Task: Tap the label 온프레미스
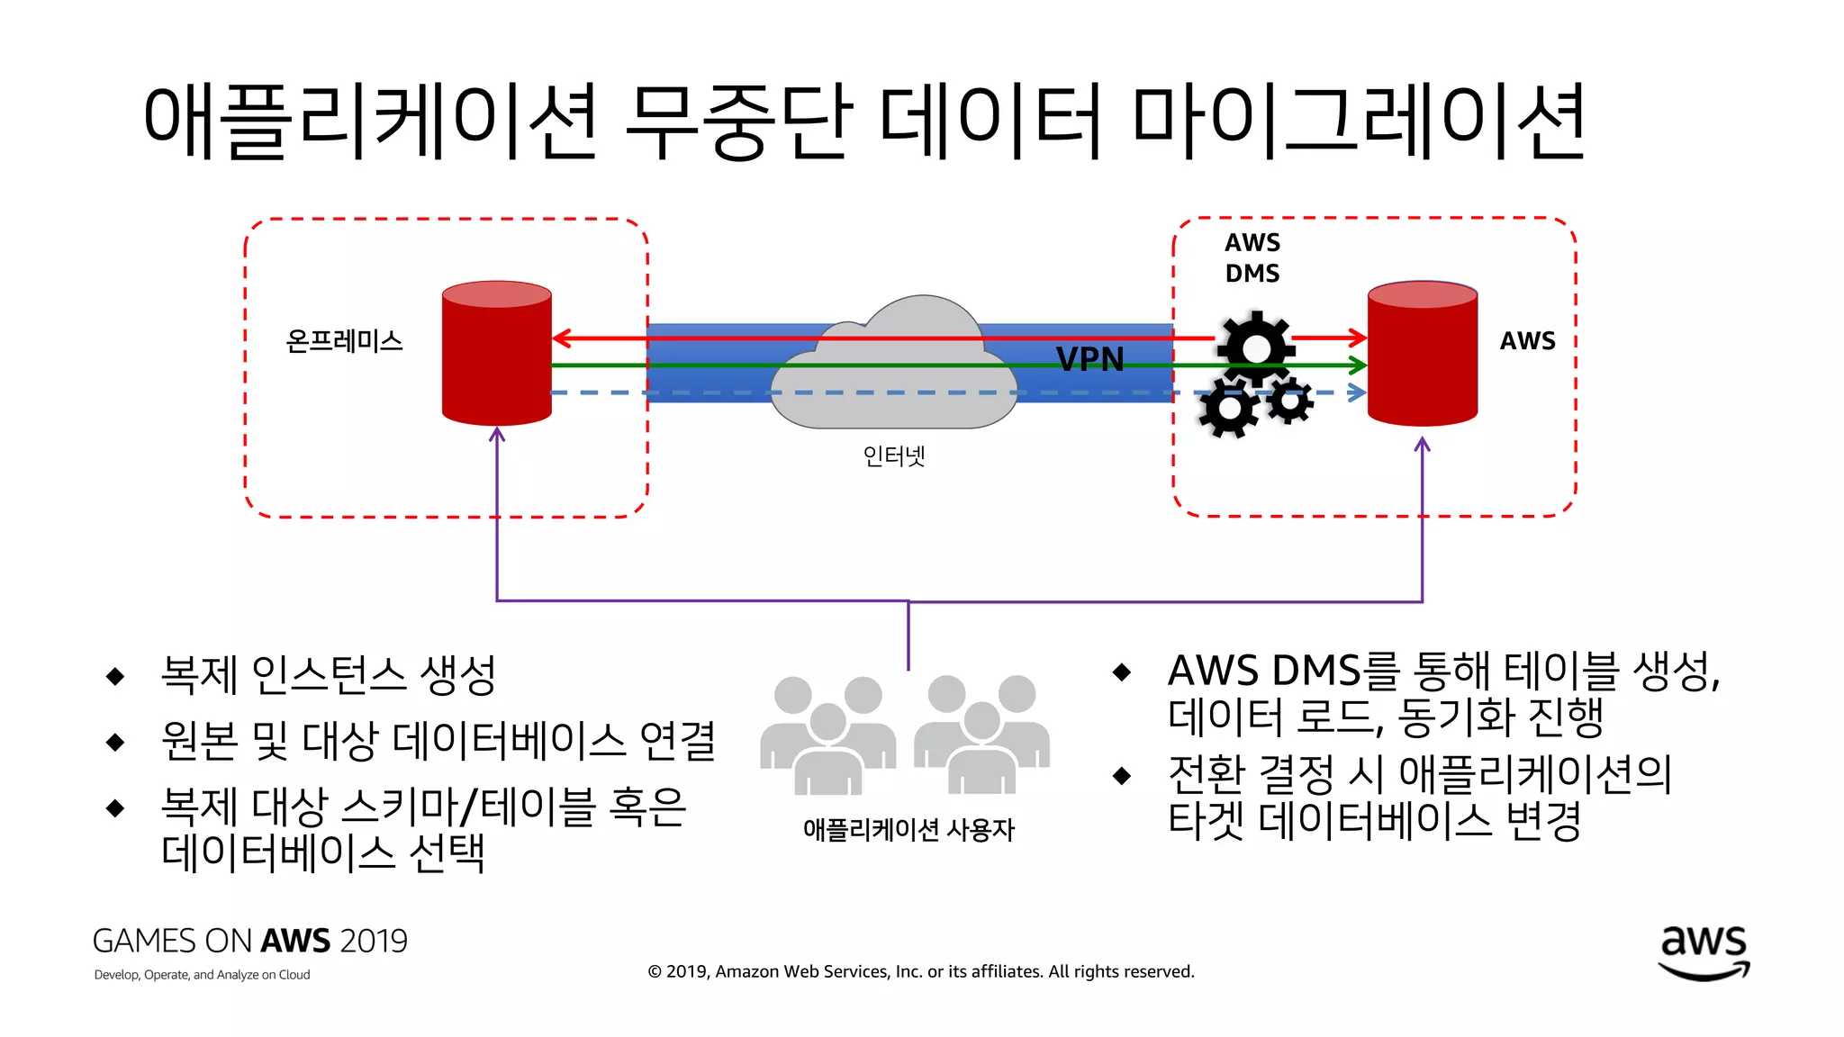(344, 341)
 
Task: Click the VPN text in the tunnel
(1089, 359)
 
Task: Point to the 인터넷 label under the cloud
(893, 456)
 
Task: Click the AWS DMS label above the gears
(1252, 257)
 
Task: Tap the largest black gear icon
(1255, 347)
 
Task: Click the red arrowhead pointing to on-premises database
(561, 338)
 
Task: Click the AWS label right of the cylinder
(1527, 341)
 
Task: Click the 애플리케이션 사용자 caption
(908, 829)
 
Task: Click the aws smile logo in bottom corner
(1704, 952)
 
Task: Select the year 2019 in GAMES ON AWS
(374, 941)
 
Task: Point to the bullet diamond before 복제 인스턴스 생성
(115, 676)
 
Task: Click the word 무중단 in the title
(738, 122)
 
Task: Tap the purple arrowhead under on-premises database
(497, 435)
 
